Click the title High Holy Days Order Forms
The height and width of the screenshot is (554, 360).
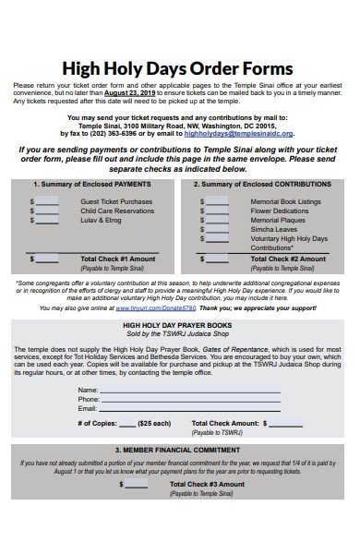pyautogui.click(x=176, y=67)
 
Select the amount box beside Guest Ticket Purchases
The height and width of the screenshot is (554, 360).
pyautogui.click(x=48, y=200)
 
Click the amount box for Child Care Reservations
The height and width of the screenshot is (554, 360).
pyautogui.click(x=48, y=211)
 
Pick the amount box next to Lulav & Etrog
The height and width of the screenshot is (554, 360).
pyautogui.click(x=48, y=221)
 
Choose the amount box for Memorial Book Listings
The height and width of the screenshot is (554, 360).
pyautogui.click(x=217, y=200)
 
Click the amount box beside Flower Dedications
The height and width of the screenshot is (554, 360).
pyautogui.click(x=217, y=211)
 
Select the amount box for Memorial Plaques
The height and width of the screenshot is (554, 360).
pyautogui.click(x=217, y=221)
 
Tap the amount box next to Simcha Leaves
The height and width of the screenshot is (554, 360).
pyautogui.click(x=217, y=230)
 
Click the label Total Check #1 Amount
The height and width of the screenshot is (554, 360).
pyautogui.click(x=118, y=259)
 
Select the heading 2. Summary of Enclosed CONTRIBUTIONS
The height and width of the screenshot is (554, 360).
pyautogui.click(x=262, y=184)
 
